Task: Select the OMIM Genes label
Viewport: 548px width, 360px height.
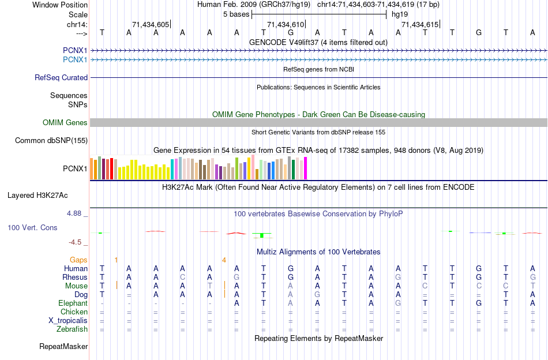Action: pyautogui.click(x=65, y=122)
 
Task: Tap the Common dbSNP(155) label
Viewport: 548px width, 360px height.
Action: pyautogui.click(x=51, y=140)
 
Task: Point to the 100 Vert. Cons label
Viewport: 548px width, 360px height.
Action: pyautogui.click(x=32, y=228)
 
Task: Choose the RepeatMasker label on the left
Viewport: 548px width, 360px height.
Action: pyautogui.click(x=63, y=347)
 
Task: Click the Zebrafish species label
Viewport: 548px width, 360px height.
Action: pyautogui.click(x=72, y=329)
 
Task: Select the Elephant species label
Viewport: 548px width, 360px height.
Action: pyautogui.click(x=73, y=303)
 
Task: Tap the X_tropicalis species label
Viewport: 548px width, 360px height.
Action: pyautogui.click(x=68, y=321)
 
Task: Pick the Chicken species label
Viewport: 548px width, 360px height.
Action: pyautogui.click(x=74, y=312)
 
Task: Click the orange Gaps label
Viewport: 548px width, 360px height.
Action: pyautogui.click(x=78, y=260)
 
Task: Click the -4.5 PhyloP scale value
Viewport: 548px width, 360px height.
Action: pyautogui.click(x=76, y=242)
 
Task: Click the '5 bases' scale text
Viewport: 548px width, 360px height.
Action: pyautogui.click(x=235, y=14)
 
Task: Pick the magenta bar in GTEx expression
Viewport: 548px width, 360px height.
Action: pyautogui.click(x=306, y=168)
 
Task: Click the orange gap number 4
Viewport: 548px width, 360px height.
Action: pyautogui.click(x=224, y=260)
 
